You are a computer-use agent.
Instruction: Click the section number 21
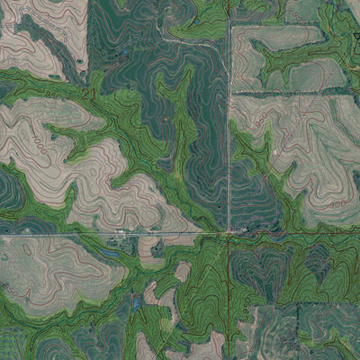click(x=87, y=93)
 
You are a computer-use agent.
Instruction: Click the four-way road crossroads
click(x=229, y=234)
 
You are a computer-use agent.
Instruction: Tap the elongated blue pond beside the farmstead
click(x=109, y=255)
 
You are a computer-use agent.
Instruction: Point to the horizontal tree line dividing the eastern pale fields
click(x=288, y=93)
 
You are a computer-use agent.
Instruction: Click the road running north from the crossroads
click(x=229, y=135)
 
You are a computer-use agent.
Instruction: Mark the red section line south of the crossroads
click(x=229, y=297)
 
